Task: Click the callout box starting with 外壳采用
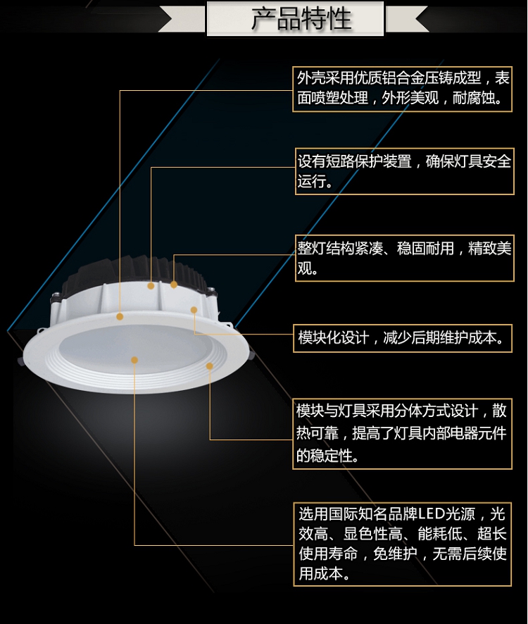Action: click(x=403, y=88)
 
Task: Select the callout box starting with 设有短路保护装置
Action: click(x=403, y=171)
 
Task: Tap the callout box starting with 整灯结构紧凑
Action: click(x=403, y=258)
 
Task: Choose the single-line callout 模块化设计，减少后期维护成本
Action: click(x=403, y=338)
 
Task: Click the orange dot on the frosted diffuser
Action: click(x=134, y=360)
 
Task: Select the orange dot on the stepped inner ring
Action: click(x=210, y=366)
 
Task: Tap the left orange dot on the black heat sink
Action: click(x=151, y=286)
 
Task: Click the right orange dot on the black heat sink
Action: click(x=174, y=285)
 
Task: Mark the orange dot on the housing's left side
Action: click(x=120, y=316)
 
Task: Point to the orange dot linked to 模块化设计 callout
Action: click(x=194, y=310)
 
